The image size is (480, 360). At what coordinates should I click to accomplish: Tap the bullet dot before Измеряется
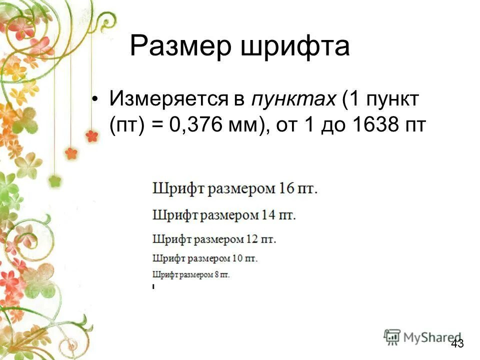coord(96,99)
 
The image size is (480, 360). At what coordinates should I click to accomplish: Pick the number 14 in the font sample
coord(267,215)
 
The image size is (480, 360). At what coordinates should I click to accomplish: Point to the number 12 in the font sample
coord(251,239)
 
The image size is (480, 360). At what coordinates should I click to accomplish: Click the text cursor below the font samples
coord(153,286)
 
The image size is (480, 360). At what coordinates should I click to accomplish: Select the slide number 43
coord(457,343)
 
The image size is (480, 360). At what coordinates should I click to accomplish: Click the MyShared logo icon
coord(392,337)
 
